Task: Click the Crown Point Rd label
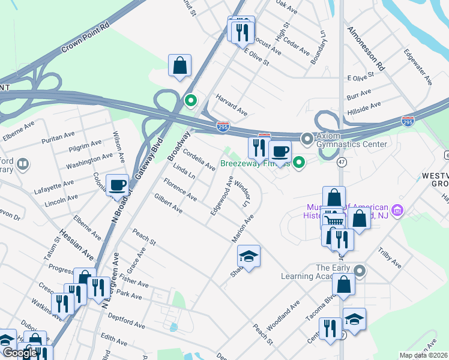click(x=86, y=37)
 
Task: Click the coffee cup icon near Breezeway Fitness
click(x=279, y=152)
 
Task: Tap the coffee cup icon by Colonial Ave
click(x=117, y=185)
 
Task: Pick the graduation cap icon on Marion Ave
click(x=249, y=256)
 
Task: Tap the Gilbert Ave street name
click(x=168, y=203)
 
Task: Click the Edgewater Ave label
click(x=418, y=67)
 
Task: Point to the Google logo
click(x=20, y=353)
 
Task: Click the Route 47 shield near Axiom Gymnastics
click(x=340, y=162)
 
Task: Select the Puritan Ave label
click(x=56, y=139)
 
